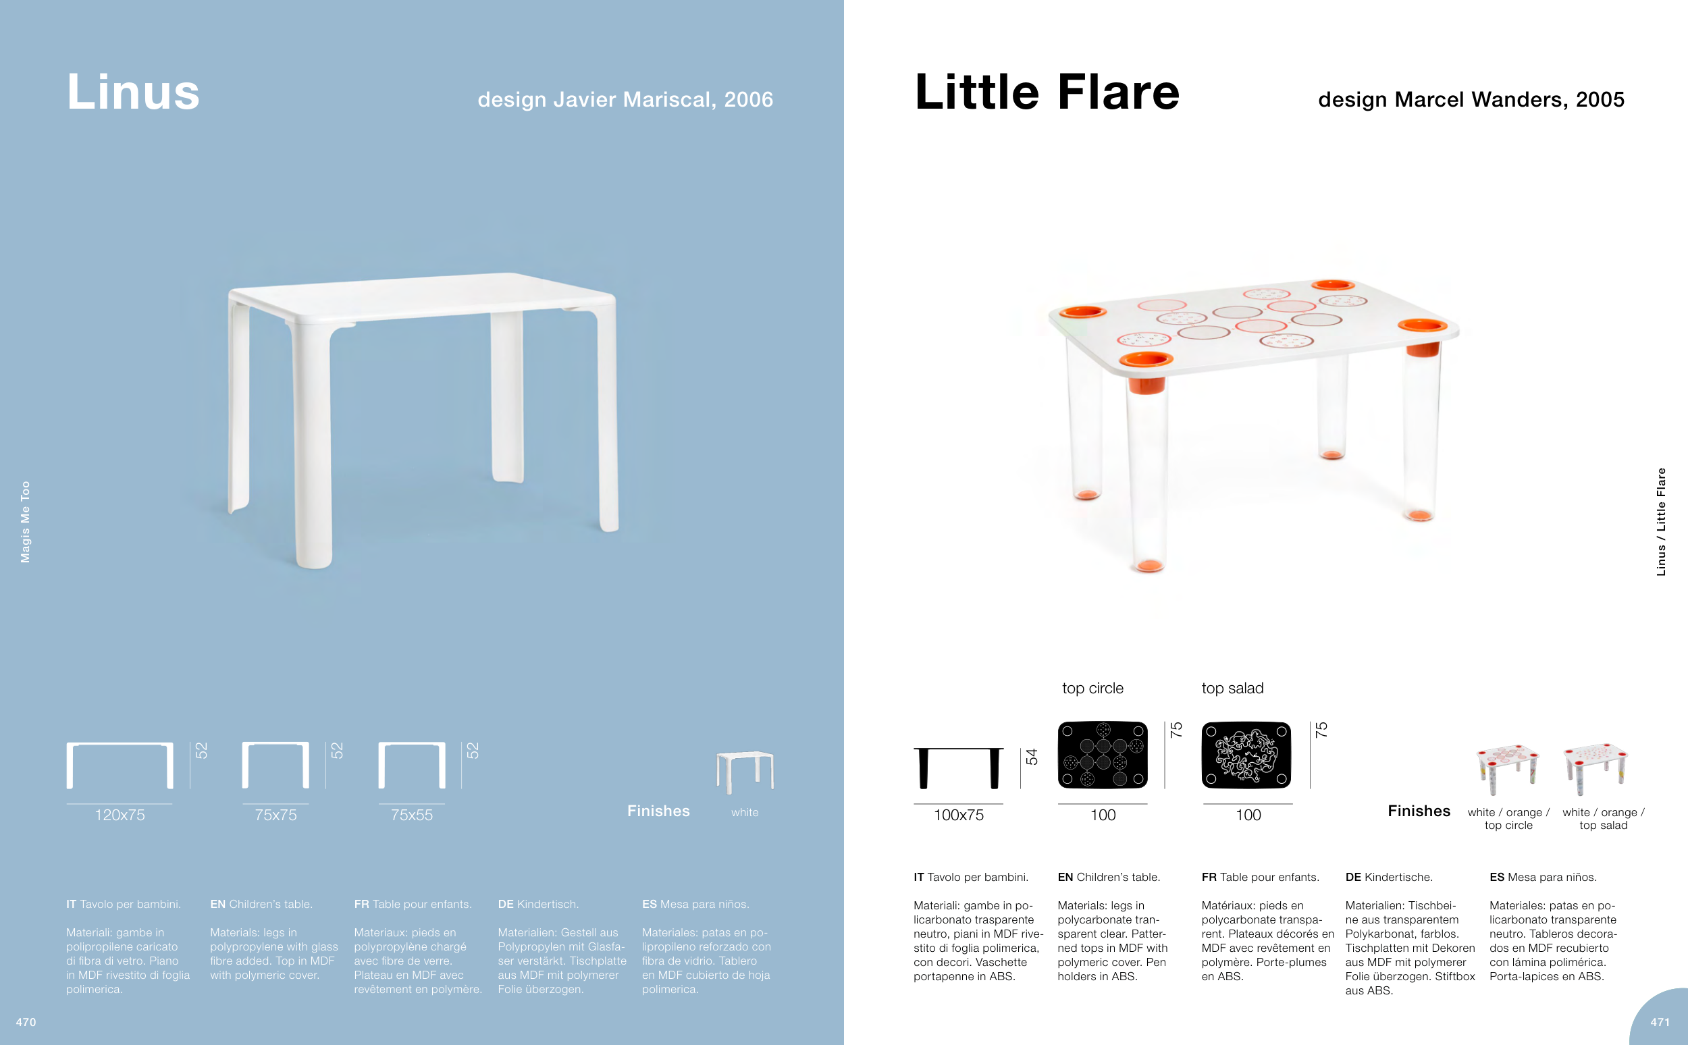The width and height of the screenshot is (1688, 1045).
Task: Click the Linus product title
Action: [134, 92]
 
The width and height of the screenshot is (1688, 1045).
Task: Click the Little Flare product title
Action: [1047, 92]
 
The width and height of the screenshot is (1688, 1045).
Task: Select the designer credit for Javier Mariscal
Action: [625, 99]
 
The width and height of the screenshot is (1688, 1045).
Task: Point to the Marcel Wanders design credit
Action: [1471, 99]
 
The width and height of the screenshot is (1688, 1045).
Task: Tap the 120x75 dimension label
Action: [120, 815]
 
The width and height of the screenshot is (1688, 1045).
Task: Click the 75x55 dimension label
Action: [411, 815]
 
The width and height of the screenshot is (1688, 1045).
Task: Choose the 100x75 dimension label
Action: [958, 815]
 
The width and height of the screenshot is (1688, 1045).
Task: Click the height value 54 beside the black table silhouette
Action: [1032, 757]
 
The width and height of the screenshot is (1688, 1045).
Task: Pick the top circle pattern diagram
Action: [1103, 755]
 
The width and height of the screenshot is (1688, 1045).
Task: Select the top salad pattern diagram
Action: [1246, 755]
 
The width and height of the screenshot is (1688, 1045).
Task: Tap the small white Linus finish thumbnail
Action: [745, 772]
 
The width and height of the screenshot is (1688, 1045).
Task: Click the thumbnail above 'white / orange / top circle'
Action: [1508, 770]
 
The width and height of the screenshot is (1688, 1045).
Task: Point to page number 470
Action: [26, 1022]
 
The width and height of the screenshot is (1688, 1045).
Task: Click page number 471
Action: [1660, 1022]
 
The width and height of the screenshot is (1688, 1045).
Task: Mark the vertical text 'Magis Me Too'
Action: [26, 522]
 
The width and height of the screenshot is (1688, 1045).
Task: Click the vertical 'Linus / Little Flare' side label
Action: [1661, 522]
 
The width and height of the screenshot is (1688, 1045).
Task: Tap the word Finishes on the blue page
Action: [658, 811]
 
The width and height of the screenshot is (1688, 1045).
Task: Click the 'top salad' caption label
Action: [1232, 689]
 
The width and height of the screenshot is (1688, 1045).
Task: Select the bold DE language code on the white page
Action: [1352, 877]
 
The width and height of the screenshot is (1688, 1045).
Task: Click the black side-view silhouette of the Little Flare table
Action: [958, 768]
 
